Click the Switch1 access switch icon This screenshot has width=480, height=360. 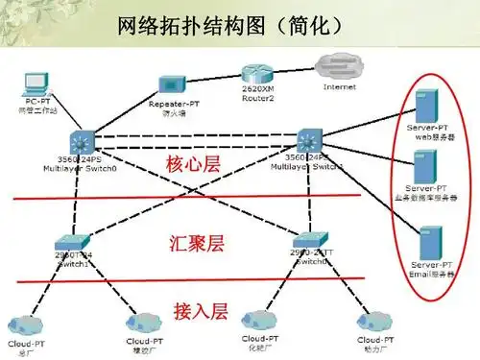[73, 242]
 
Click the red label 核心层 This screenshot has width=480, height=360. [193, 164]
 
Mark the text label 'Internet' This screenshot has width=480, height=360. [339, 87]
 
